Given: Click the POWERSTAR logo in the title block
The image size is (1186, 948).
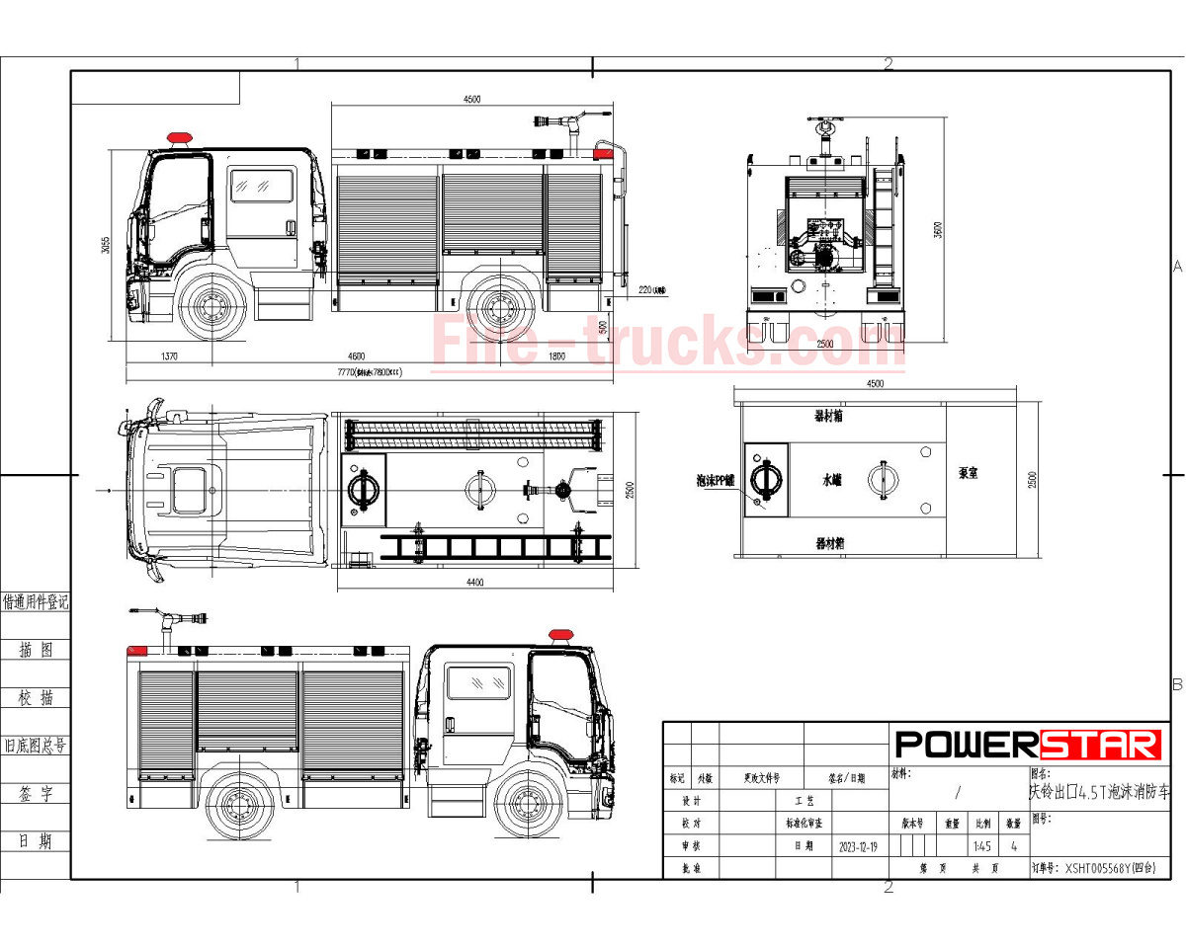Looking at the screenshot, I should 1028,745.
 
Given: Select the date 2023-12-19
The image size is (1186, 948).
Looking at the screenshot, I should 860,846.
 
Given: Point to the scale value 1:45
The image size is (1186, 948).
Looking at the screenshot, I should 981,846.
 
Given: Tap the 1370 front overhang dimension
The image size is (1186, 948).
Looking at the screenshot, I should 167,355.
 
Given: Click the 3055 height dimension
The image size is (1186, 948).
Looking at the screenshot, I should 106,244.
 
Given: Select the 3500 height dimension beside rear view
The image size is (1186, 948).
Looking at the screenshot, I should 939,229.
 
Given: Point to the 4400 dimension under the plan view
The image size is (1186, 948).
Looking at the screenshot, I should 474,583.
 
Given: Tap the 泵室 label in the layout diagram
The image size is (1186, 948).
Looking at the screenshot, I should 968,473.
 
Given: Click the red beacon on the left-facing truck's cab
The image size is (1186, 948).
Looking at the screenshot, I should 179,137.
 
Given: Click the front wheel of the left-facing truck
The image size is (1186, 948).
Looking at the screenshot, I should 212,307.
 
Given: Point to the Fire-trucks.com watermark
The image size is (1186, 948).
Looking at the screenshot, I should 667,342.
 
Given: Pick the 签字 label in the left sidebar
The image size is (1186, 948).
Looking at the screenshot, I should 35,794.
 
